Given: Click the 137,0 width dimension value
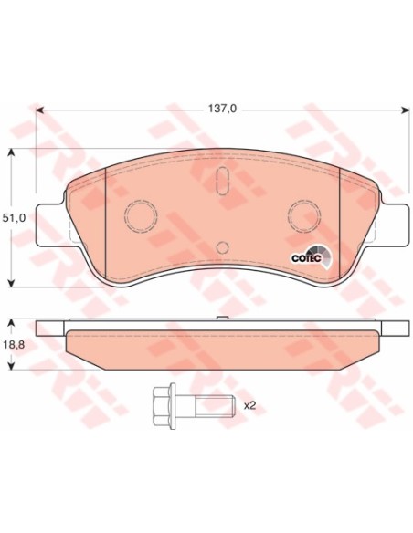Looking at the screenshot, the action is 222,109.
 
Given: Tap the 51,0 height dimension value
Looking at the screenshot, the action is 14,218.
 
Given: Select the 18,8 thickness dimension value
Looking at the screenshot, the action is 14,345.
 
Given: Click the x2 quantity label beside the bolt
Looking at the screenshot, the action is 249,405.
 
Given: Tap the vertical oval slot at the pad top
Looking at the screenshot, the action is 222,182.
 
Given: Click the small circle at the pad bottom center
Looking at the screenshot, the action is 222,247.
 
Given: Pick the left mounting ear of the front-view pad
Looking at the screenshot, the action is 50,225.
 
